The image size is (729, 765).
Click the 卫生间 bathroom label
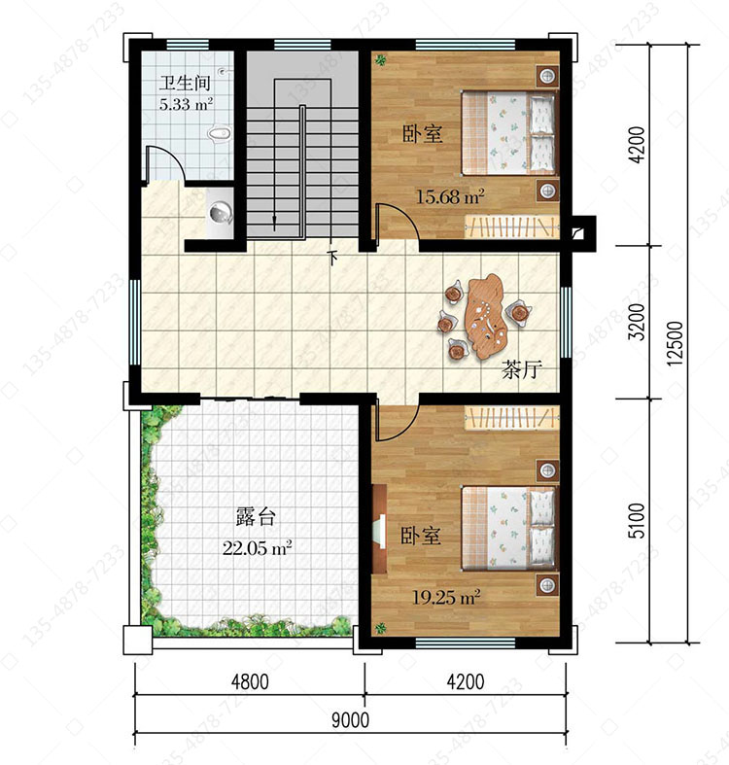pos(185,83)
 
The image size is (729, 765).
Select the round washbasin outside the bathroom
pos(221,213)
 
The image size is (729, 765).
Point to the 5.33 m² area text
pos(186,104)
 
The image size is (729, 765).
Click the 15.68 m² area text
pos(450,196)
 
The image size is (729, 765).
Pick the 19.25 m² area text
pos(446,597)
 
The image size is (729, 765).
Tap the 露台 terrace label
pos(257,517)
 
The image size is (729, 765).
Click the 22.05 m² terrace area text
pos(258,548)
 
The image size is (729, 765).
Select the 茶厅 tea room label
pos(522,369)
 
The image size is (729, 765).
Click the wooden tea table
pos(486,316)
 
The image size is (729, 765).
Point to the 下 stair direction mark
pos(332,258)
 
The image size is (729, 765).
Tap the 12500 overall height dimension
pos(675,343)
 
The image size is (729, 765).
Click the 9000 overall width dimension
pos(350,720)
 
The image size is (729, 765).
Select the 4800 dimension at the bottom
pos(250,681)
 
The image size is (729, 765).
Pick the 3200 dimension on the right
pos(637,322)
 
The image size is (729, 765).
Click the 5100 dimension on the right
pos(637,521)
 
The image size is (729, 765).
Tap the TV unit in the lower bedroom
pos(380,529)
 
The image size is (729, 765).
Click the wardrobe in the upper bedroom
pos(511,226)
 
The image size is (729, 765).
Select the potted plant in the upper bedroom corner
pos(381,60)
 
